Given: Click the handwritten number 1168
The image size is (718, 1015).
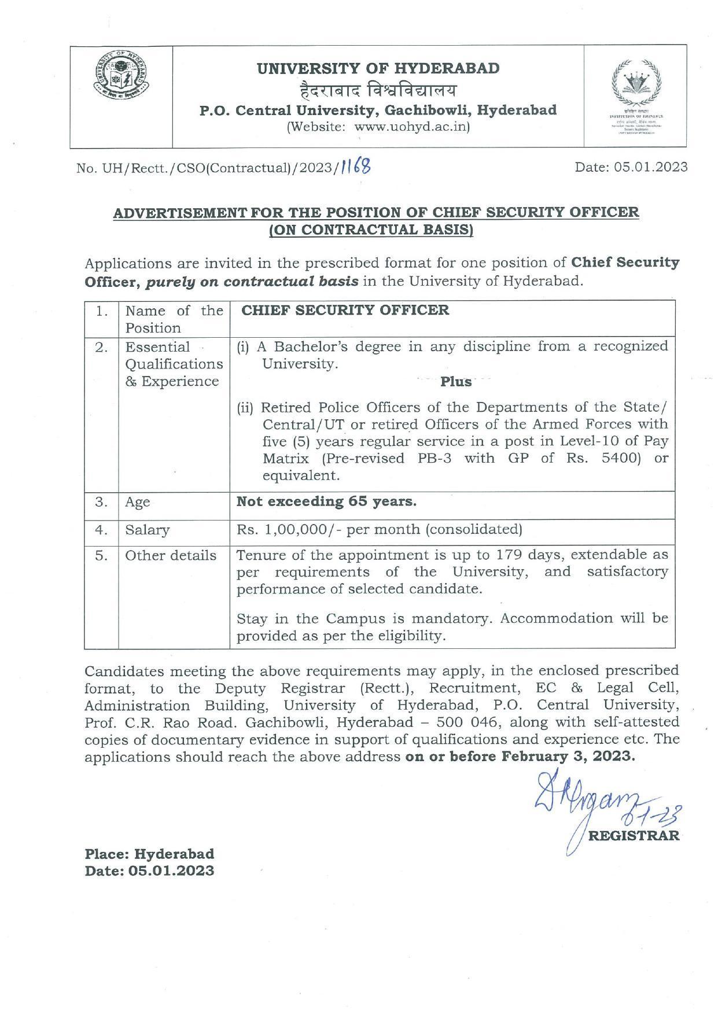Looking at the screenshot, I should coord(355,167).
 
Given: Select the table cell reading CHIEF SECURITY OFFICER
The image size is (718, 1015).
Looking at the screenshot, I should coord(345,310).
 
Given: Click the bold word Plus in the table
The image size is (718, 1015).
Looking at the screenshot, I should coord(456,382).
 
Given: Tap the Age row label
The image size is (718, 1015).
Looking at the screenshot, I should coord(138,502).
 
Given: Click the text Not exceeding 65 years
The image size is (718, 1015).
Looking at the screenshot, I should coord(326,501).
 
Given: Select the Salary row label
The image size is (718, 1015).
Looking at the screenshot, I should coord(148,530).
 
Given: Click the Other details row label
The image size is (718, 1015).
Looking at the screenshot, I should coord(171,556).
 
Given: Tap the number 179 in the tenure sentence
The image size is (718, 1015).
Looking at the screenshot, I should coord(510,555).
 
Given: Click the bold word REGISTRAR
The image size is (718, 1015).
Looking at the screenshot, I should coord(634,836).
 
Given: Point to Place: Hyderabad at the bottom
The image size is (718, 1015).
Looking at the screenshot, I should coord(149,854).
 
